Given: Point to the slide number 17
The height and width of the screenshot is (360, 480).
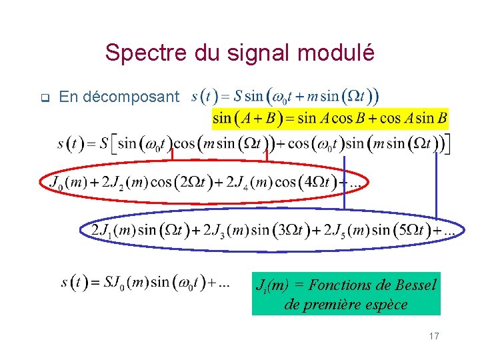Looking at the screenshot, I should click(x=434, y=336).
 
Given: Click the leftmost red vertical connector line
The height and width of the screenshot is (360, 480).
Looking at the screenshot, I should click(x=172, y=155).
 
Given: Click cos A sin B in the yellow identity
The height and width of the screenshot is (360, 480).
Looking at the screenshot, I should click(x=413, y=119).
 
